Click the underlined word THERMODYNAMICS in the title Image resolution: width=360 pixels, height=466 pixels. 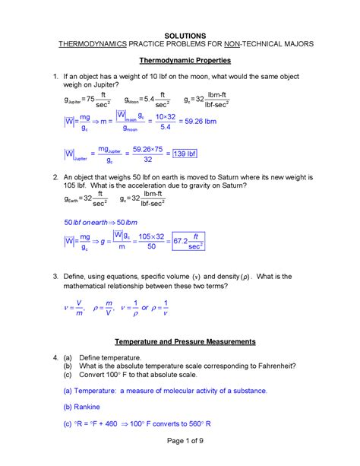point(100,44)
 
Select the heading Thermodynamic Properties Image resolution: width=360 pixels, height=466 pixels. point(180,60)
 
